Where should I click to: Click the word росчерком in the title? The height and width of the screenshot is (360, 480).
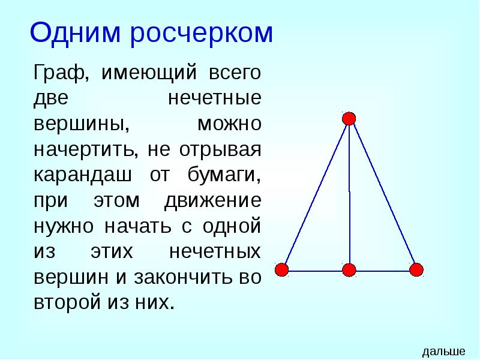pyautogui.click(x=202, y=34)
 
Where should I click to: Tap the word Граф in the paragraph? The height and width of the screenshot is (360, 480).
pyautogui.click(x=58, y=74)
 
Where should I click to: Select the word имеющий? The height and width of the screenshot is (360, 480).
pyautogui.click(x=149, y=74)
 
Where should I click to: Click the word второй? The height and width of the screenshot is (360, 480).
pyautogui.click(x=66, y=301)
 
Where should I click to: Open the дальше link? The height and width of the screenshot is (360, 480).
pyautogui.click(x=444, y=351)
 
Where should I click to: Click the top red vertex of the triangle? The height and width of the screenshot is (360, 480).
pyautogui.click(x=349, y=118)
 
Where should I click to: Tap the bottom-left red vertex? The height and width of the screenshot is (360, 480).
pyautogui.click(x=282, y=269)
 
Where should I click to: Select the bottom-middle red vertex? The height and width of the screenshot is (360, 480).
pyautogui.click(x=349, y=270)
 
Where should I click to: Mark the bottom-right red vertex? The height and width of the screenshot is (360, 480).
pyautogui.click(x=416, y=269)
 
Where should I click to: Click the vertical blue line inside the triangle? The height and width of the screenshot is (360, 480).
pyautogui.click(x=350, y=192)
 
